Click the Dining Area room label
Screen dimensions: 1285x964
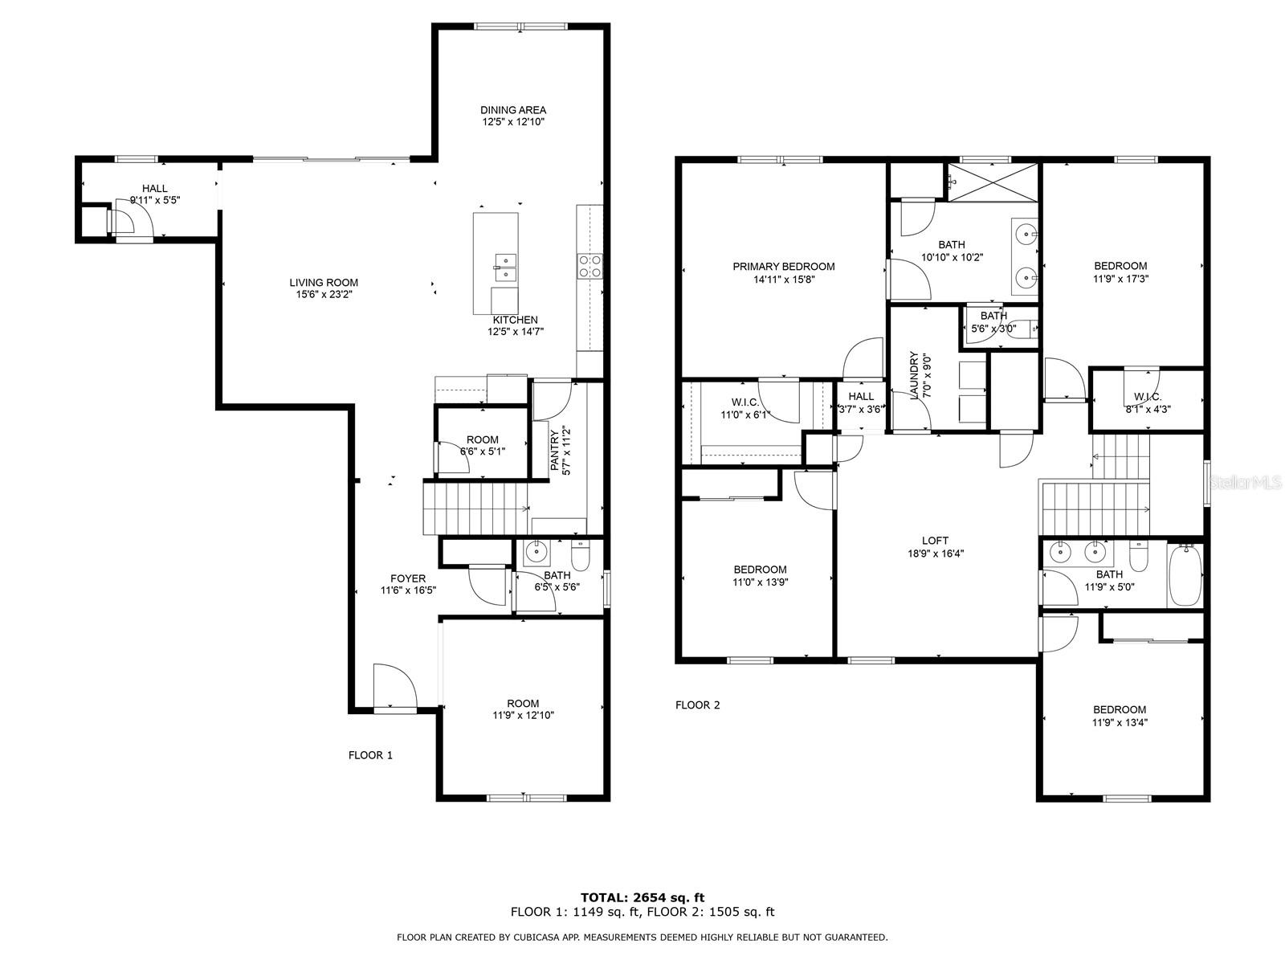click(x=513, y=110)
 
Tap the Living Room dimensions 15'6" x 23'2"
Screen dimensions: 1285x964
click(x=324, y=294)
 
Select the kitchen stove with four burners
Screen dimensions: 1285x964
click(x=589, y=266)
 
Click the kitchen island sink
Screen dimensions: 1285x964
click(x=505, y=268)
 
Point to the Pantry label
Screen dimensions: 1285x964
click(x=554, y=450)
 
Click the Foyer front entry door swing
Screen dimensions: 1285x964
click(x=394, y=687)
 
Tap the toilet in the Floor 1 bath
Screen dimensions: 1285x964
click(x=580, y=556)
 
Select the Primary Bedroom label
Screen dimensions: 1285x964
click(x=783, y=267)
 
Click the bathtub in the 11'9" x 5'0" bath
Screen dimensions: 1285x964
click(x=1185, y=574)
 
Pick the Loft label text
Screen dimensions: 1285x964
click(x=935, y=541)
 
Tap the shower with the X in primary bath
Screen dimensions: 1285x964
click(x=993, y=182)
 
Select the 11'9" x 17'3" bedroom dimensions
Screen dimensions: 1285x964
click(x=1120, y=280)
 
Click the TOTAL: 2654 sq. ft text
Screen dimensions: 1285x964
click(x=642, y=897)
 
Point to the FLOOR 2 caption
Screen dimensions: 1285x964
click(x=697, y=705)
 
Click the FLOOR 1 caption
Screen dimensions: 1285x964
click(x=370, y=755)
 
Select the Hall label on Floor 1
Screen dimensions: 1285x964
click(x=154, y=189)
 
